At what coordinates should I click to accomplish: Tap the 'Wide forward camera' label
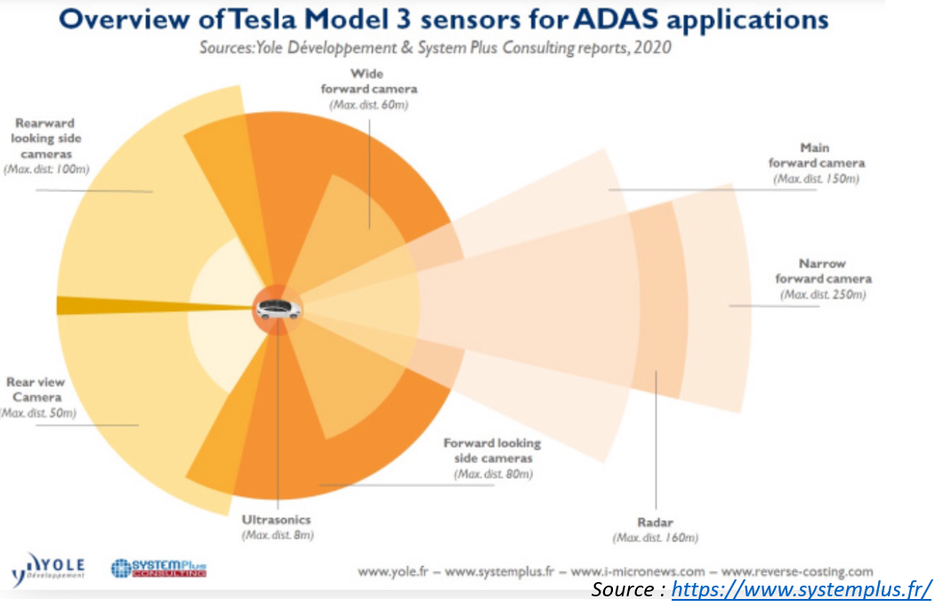click(x=371, y=81)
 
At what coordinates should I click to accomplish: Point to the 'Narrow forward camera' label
click(x=822, y=271)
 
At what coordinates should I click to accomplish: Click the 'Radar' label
click(x=656, y=522)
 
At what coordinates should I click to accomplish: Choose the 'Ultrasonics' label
click(x=278, y=519)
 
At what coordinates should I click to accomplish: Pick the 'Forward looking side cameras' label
click(x=492, y=450)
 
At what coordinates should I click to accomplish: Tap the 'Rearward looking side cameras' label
click(x=45, y=139)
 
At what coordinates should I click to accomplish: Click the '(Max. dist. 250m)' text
click(x=822, y=295)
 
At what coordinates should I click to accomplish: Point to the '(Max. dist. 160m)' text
click(x=656, y=538)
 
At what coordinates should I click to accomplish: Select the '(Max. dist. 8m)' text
click(x=278, y=535)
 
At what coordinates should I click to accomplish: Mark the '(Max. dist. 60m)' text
click(x=371, y=104)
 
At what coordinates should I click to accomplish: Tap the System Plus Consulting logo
click(x=157, y=568)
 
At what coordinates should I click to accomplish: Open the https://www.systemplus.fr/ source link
click(x=801, y=589)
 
